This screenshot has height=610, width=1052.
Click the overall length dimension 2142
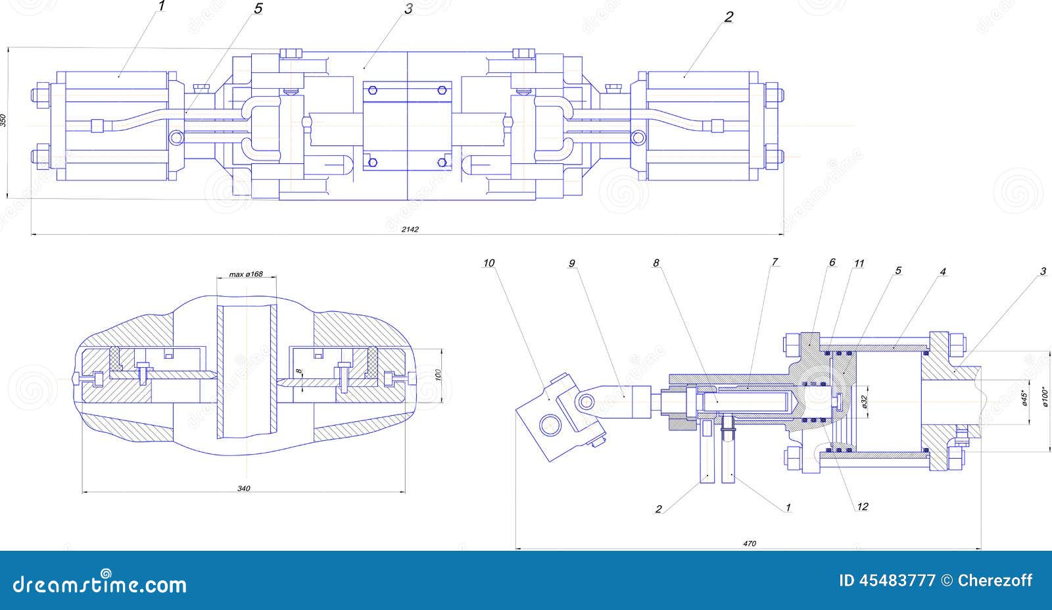click(409, 229)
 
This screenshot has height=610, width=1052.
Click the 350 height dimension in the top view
click(4, 120)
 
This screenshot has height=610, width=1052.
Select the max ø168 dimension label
click(246, 274)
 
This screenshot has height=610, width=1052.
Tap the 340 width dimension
click(244, 488)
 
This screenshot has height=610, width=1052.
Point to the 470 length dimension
click(750, 543)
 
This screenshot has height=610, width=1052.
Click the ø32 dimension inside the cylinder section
click(865, 401)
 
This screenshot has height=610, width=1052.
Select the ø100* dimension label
click(1047, 397)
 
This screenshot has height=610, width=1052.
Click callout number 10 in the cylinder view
click(489, 263)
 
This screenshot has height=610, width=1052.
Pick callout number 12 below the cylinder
click(863, 506)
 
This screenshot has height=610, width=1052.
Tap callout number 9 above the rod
click(571, 263)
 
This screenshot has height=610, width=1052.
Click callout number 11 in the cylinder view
click(859, 263)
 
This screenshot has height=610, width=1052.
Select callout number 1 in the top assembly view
click(162, 7)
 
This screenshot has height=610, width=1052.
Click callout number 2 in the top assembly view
click(729, 17)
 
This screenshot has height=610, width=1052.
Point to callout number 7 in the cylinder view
click(775, 262)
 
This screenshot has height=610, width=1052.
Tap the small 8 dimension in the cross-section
click(299, 372)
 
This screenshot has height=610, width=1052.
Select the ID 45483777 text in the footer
click(888, 580)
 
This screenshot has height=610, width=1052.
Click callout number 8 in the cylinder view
click(656, 263)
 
